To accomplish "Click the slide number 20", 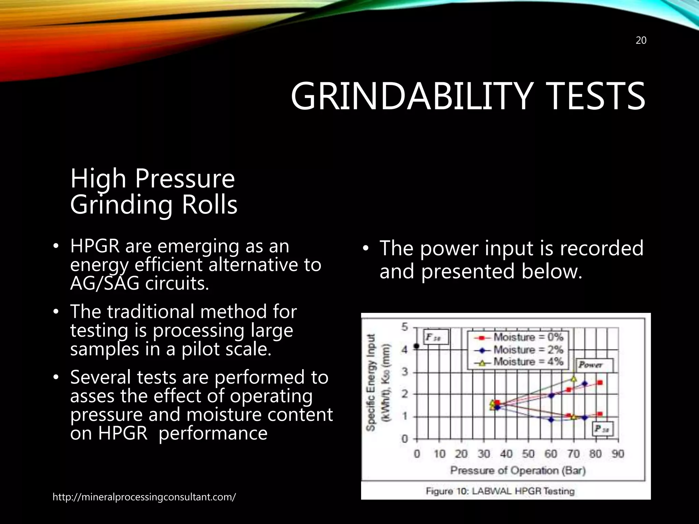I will pos(641,41).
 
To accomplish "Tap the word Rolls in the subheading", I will pos(209,205).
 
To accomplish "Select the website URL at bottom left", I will pos(144,497).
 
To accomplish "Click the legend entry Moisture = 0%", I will pos(528,337).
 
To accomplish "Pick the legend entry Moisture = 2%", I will pos(528,350).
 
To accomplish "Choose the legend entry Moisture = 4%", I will pos(528,362).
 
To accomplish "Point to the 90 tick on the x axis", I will pos(618,454).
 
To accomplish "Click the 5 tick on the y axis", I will pos(404,327).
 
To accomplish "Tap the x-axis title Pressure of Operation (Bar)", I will pos(517,471).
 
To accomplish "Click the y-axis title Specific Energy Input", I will pos(371,382).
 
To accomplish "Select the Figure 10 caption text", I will pos(500,491).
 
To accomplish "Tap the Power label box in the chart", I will pos(595,365).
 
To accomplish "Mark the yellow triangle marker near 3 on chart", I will pos(574,379).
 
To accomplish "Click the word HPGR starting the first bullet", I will pos(95,246).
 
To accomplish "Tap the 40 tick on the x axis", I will pos(506,454).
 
